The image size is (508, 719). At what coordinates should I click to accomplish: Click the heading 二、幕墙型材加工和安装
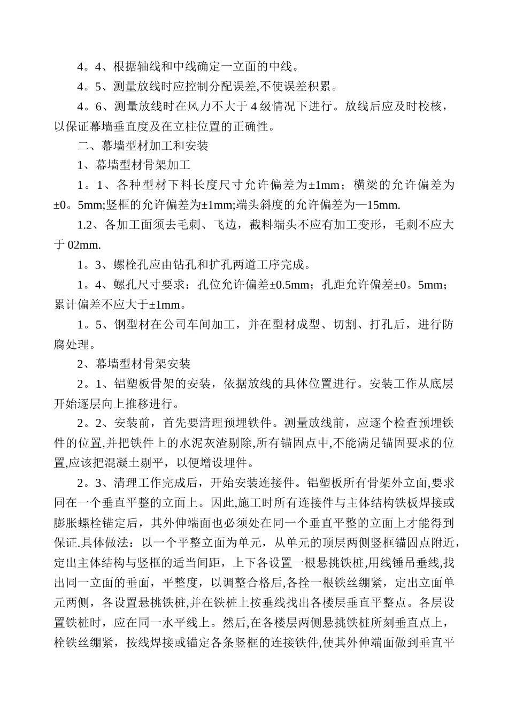pos(143,146)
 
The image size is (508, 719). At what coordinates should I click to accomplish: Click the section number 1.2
pos(86,225)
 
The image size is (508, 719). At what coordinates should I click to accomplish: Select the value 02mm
pos(84,245)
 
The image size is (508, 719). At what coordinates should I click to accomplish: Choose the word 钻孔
pos(191,265)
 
